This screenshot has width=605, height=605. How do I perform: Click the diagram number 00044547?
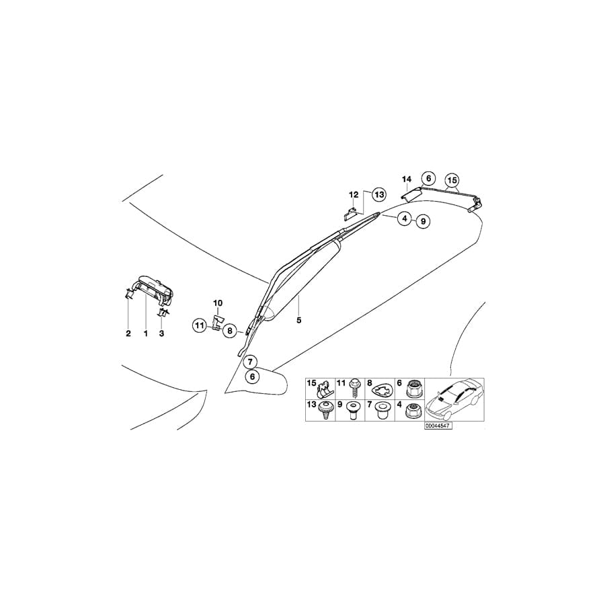tap(438, 426)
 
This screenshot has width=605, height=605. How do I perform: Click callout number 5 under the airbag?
tap(298, 321)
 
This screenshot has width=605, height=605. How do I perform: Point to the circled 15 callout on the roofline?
tap(451, 180)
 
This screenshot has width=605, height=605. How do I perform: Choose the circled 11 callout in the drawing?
tap(199, 327)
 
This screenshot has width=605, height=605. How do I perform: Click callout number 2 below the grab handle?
tap(128, 333)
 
